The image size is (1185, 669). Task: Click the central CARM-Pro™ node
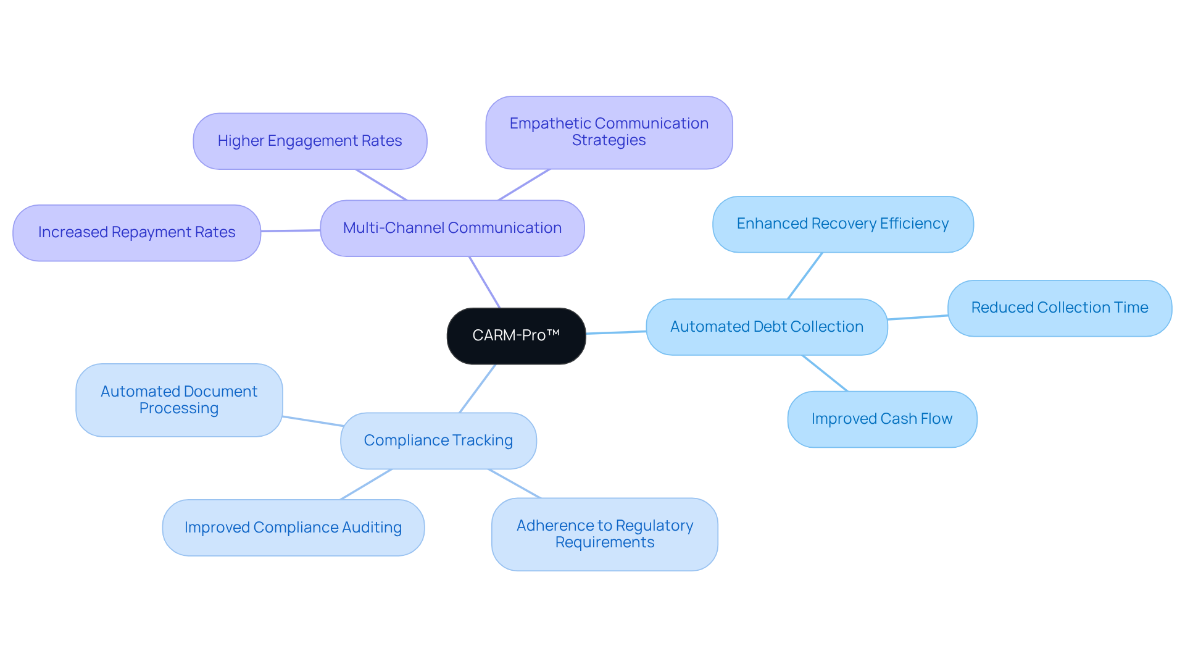click(516, 335)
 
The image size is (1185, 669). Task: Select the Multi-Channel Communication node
click(452, 228)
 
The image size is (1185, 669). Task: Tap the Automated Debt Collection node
click(767, 327)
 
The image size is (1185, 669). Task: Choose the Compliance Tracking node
click(438, 440)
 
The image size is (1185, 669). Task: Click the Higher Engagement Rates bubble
click(310, 141)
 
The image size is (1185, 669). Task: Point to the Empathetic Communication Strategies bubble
click(609, 132)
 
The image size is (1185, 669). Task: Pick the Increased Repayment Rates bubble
click(136, 232)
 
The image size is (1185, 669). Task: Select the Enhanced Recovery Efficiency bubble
click(842, 224)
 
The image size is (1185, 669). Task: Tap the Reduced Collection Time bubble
click(1059, 308)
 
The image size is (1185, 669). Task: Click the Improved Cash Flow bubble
click(882, 419)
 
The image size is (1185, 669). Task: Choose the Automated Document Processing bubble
click(179, 400)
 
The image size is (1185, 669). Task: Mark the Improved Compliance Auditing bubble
click(293, 528)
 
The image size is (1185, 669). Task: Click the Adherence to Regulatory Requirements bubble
click(604, 534)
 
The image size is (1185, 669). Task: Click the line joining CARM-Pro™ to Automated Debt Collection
click(616, 332)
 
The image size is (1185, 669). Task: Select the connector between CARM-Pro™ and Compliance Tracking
click(478, 388)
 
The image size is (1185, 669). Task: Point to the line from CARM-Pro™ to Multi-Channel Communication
click(484, 282)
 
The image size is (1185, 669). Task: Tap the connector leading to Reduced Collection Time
click(918, 318)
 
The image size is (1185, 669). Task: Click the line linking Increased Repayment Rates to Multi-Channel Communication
click(291, 230)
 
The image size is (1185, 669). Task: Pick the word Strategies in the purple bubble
click(609, 140)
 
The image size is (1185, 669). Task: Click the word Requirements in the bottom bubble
click(604, 542)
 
